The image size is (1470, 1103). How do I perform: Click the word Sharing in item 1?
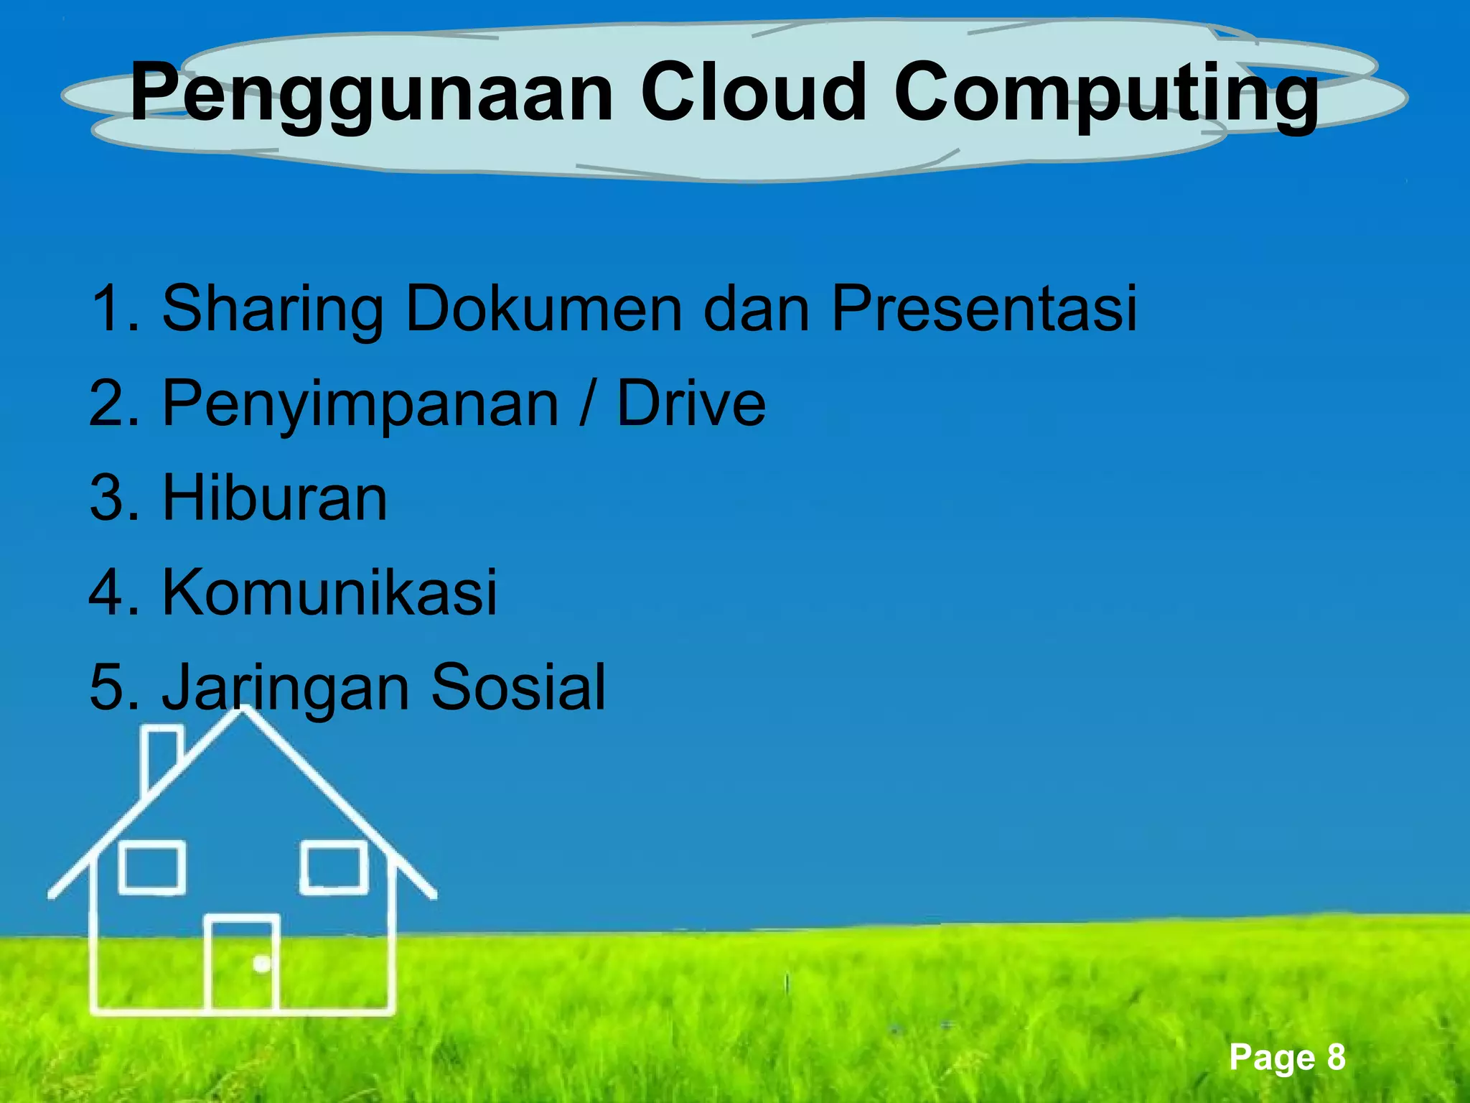(x=273, y=309)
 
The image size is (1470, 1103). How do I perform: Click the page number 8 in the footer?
(x=1336, y=1057)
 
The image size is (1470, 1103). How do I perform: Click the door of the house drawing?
(x=242, y=964)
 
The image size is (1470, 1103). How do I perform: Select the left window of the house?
(x=151, y=867)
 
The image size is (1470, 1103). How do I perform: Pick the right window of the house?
(x=334, y=867)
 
